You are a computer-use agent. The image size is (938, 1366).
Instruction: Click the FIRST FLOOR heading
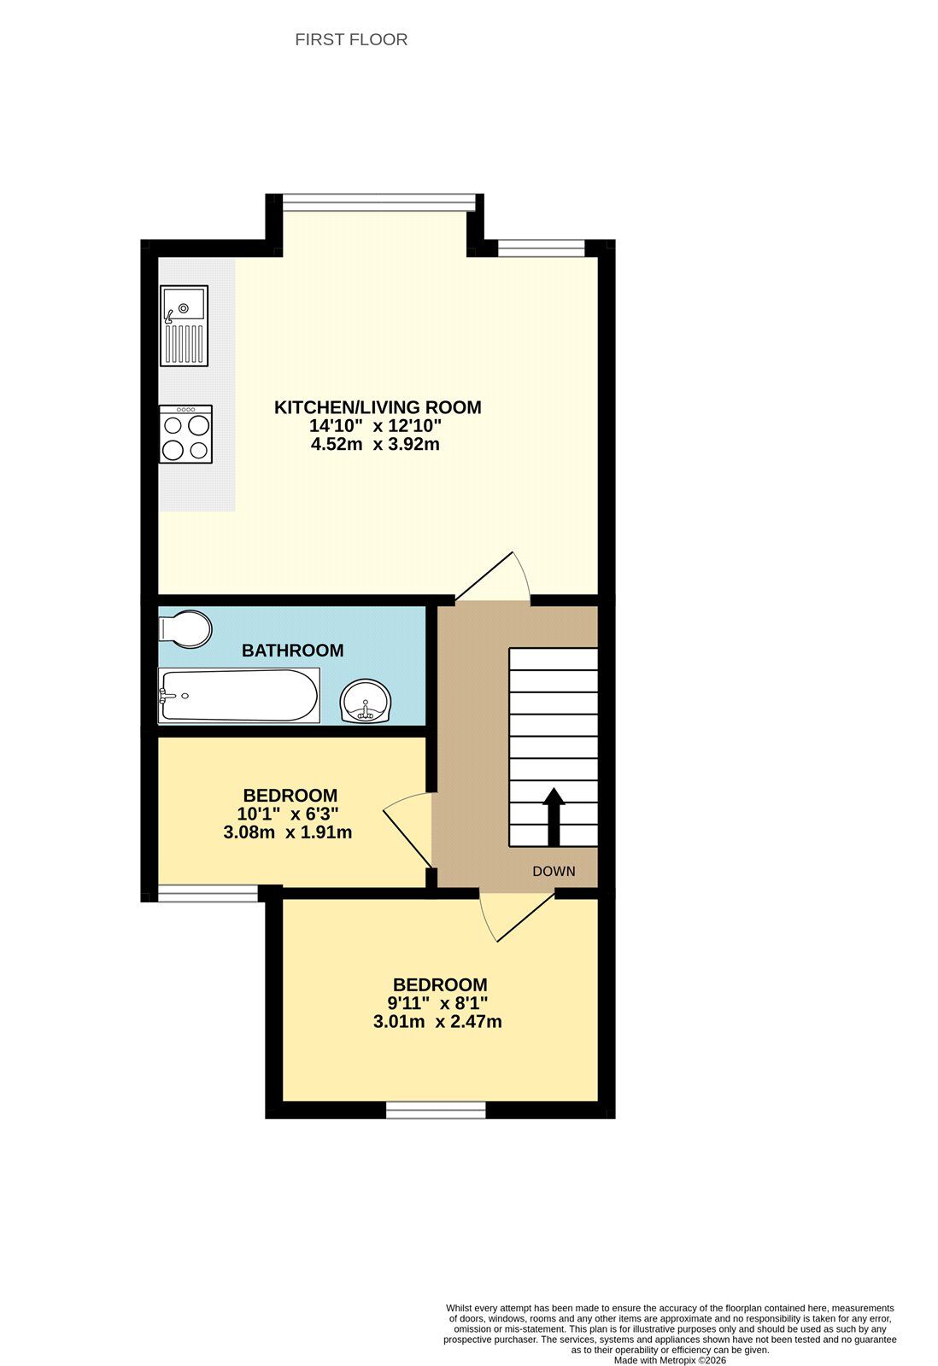(351, 39)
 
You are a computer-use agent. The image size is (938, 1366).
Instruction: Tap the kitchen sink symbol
(184, 325)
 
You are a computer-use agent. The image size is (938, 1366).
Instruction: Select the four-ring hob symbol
(185, 434)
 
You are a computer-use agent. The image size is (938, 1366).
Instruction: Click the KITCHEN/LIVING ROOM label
(378, 407)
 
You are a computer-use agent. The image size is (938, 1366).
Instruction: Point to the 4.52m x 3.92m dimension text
(376, 444)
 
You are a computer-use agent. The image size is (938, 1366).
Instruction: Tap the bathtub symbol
(238, 695)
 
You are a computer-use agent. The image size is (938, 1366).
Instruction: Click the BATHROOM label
(292, 651)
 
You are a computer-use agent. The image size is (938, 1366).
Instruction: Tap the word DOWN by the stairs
(554, 872)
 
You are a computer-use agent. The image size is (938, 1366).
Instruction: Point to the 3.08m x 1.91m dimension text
(288, 832)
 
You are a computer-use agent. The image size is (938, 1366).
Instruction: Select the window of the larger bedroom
(436, 1109)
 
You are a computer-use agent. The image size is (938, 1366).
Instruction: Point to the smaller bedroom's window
(208, 894)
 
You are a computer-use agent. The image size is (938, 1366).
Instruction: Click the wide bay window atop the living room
(378, 202)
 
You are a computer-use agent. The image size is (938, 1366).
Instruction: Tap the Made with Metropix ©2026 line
(670, 1360)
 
